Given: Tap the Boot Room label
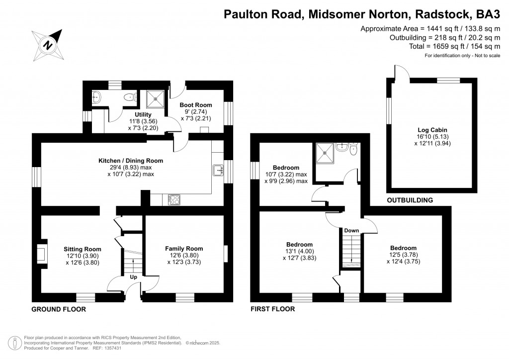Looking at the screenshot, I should point(196,105).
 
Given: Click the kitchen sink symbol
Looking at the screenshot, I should point(219,171).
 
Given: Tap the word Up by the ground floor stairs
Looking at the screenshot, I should point(133,276).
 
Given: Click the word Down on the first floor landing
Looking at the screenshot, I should point(351,231).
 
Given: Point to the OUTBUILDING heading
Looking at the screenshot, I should point(410,200).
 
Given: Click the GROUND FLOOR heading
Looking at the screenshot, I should point(59,309).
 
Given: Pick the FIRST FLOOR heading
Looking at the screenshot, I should point(273,309).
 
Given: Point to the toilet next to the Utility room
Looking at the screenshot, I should point(131,97).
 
